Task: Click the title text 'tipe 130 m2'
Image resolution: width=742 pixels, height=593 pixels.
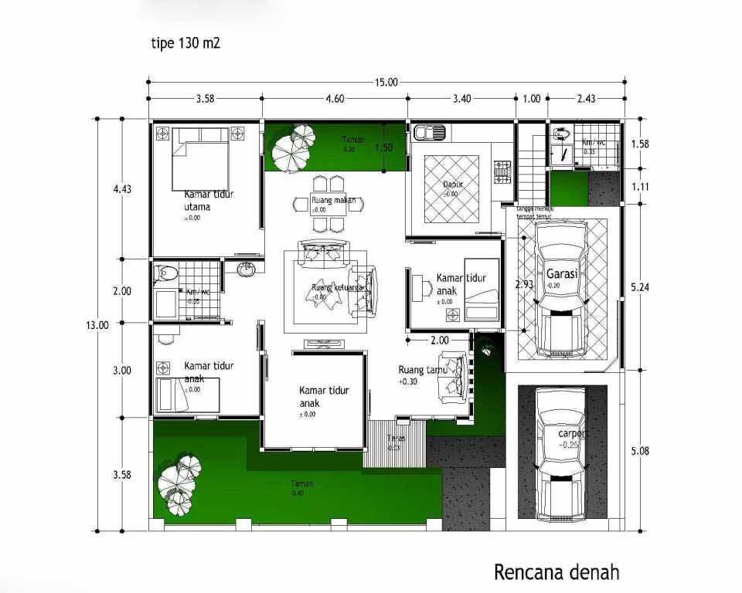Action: [185, 43]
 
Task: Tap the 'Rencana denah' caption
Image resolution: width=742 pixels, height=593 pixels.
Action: [556, 572]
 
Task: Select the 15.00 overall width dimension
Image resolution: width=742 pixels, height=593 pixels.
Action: [386, 83]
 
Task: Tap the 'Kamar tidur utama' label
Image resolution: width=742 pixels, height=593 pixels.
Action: [209, 201]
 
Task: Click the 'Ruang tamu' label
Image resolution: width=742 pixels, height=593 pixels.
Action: [417, 369]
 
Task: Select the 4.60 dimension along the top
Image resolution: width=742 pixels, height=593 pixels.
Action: [335, 99]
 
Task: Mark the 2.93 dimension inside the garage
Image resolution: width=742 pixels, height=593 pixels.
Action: [524, 284]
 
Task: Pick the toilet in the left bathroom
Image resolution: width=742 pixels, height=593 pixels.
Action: [165, 273]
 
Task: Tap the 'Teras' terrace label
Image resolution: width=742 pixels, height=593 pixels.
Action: [395, 439]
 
